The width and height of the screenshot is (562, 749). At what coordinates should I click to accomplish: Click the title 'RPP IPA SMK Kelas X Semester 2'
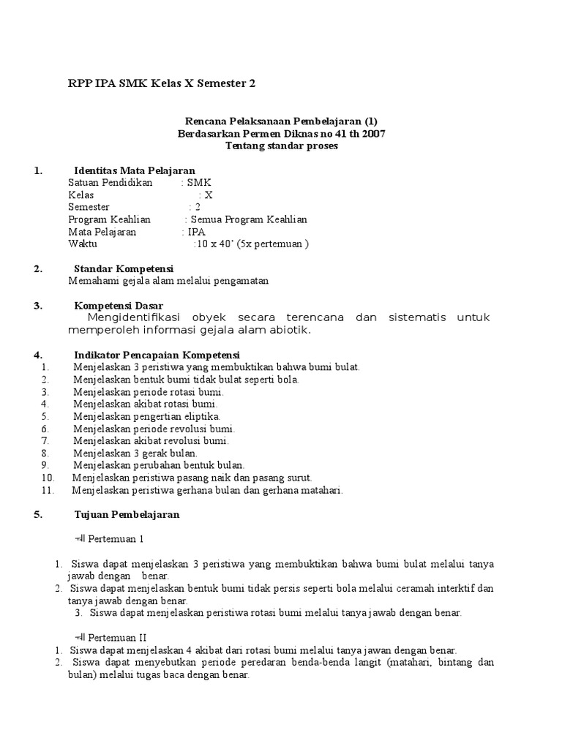(162, 84)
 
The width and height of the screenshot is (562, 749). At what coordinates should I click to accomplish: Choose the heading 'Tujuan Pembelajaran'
(127, 514)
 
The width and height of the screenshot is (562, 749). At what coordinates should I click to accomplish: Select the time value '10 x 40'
(213, 244)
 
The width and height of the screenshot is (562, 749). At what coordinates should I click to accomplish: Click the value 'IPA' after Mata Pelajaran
(197, 232)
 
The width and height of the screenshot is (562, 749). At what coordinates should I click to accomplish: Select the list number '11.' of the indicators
(48, 490)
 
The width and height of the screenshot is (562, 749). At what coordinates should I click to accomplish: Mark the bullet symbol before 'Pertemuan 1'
(80, 539)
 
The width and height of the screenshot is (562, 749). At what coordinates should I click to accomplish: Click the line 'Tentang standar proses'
(282, 146)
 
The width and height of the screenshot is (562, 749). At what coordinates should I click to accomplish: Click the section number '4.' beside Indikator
(38, 355)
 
